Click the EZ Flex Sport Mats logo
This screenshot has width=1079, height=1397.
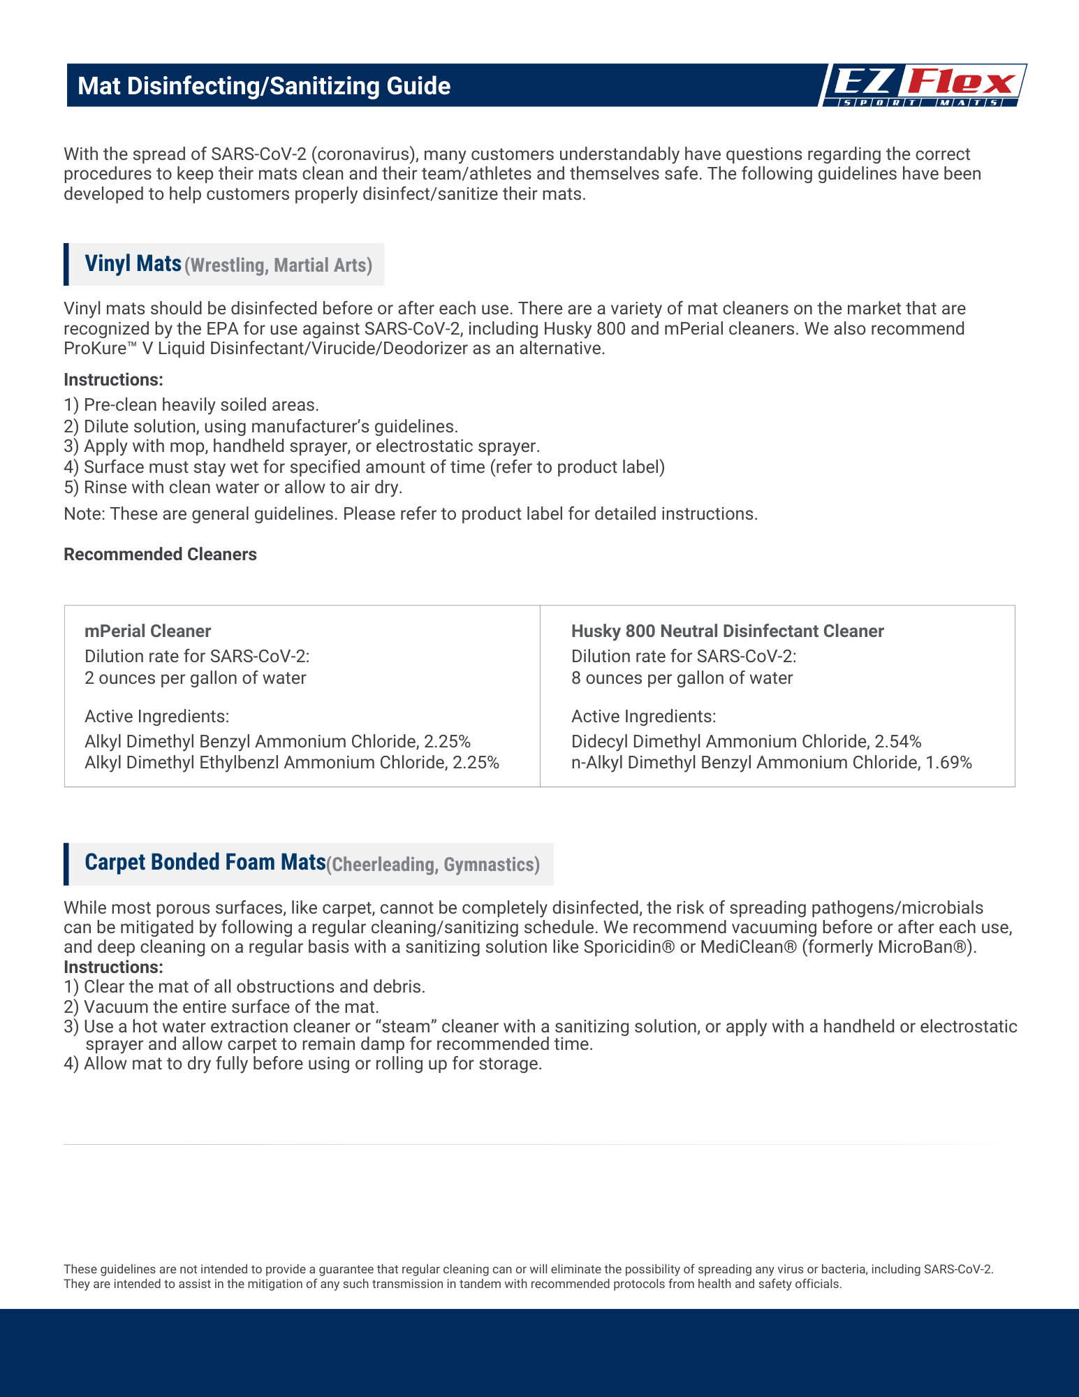[x=922, y=85]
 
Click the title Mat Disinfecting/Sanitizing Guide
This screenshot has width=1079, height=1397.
[x=264, y=86]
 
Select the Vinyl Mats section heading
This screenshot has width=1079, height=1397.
[x=133, y=263]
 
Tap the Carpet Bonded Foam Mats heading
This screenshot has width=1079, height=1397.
[x=205, y=863]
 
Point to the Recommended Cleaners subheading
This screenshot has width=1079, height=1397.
[x=160, y=555]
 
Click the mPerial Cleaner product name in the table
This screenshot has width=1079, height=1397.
[x=147, y=631]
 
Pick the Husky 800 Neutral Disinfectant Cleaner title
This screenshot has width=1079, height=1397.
[x=727, y=631]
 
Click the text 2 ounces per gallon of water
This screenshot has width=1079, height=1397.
[x=195, y=678]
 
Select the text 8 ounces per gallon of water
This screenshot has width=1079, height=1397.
[x=682, y=678]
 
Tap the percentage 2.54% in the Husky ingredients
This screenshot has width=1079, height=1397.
[x=898, y=741]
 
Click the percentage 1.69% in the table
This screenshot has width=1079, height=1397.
[x=948, y=763]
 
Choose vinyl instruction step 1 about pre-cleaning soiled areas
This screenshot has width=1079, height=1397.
[x=191, y=405]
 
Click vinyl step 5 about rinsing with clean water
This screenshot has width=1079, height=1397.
[x=233, y=488]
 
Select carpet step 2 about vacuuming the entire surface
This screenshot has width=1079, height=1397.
[x=221, y=1007]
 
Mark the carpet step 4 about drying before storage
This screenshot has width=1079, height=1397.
[x=302, y=1064]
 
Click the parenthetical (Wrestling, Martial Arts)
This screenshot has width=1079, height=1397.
[x=278, y=265]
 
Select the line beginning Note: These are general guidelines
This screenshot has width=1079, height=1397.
[x=410, y=514]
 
